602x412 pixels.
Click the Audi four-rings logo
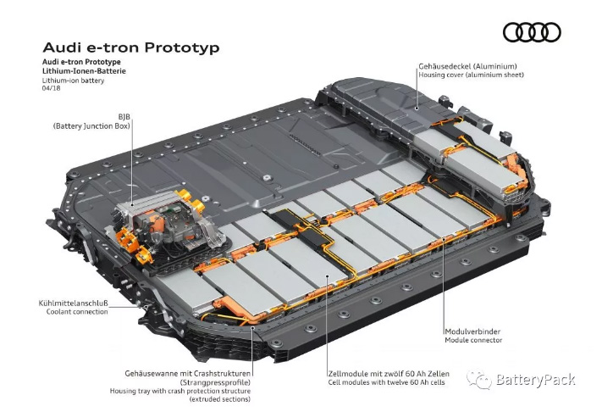532,32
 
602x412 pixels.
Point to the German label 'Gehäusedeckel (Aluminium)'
467,65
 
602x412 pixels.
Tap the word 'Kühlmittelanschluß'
73,302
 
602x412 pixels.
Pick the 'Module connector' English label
473,341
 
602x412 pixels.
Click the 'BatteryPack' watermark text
538,380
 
